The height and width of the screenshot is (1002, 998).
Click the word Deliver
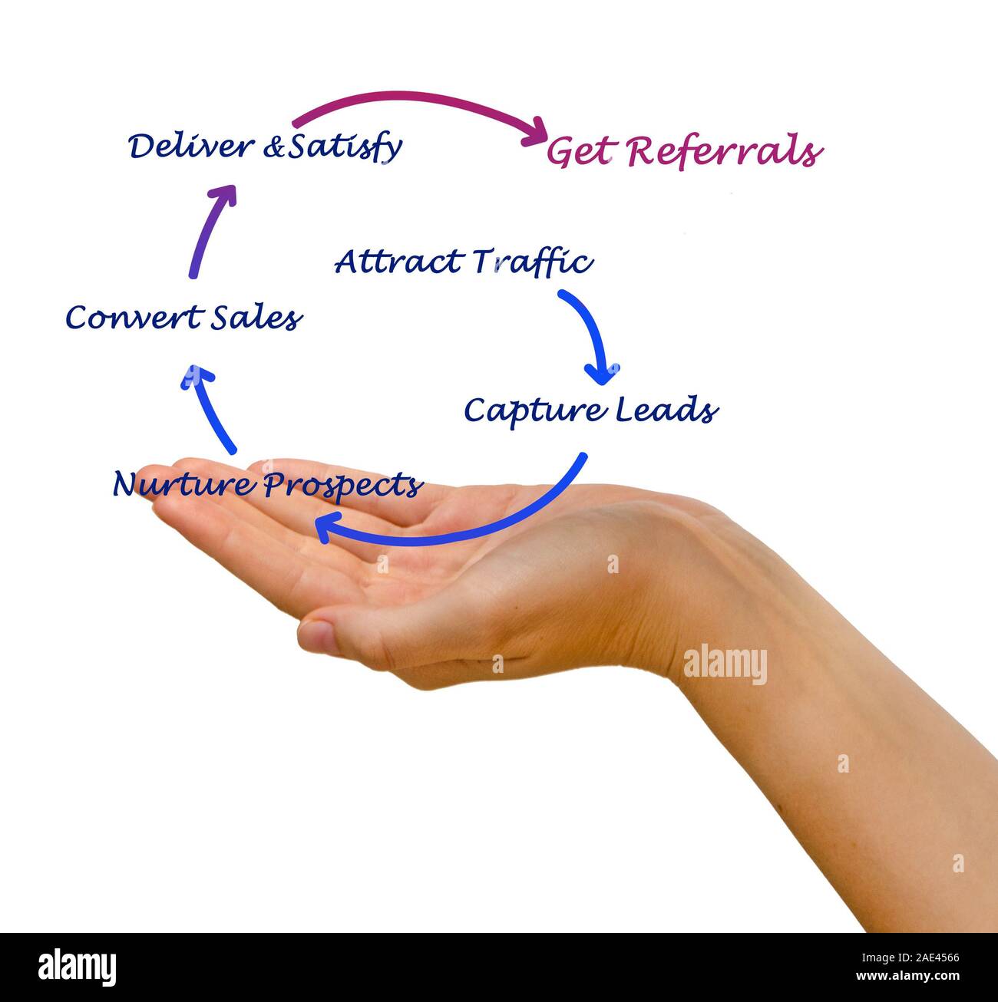pyautogui.click(x=192, y=146)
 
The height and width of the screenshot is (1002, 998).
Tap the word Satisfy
pyautogui.click(x=345, y=147)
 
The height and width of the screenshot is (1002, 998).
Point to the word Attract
pyautogui.click(x=398, y=262)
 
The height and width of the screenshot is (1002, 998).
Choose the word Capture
pyautogui.click(x=535, y=412)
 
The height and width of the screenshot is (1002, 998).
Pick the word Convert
pyautogui.click(x=135, y=318)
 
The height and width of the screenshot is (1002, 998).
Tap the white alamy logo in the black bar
pyautogui.click(x=77, y=967)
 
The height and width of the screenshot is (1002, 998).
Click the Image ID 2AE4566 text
pyautogui.click(x=910, y=958)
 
